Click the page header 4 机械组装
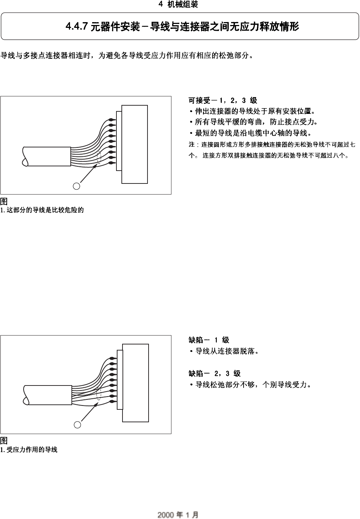pyautogui.click(x=178, y=4)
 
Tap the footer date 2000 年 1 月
pyautogui.click(x=178, y=515)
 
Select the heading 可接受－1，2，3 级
pyautogui.click(x=222, y=101)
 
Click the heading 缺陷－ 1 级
pyautogui.click(x=209, y=340)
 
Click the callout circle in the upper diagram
pyautogui.click(x=76, y=186)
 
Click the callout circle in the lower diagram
pyautogui.click(x=77, y=425)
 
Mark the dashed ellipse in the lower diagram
pyautogui.click(x=99, y=395)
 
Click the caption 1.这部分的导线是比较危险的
pyautogui.click(x=42, y=210)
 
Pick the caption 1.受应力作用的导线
pyautogui.click(x=29, y=450)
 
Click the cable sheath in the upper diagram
pyautogui.click(x=46, y=156)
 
